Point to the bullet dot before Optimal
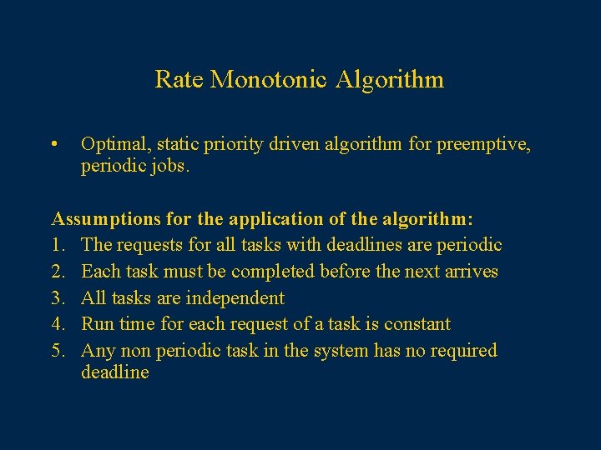(x=53, y=145)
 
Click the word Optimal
(x=112, y=145)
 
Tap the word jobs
(x=173, y=167)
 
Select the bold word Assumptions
(x=104, y=219)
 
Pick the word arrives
(x=470, y=272)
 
